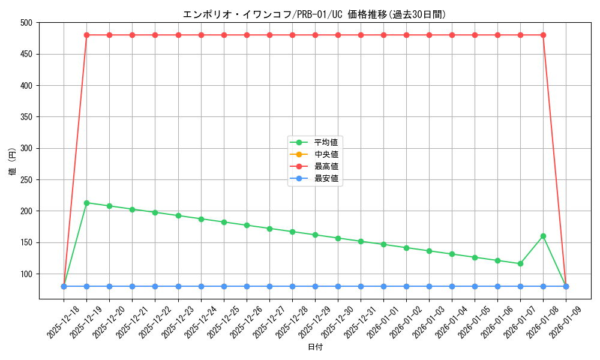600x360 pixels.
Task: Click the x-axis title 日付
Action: coord(315,347)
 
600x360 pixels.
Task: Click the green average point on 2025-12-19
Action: coord(86,203)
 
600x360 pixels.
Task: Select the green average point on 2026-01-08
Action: coord(543,236)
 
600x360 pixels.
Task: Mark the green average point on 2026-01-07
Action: coord(520,263)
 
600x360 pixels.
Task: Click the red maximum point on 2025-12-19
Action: coord(86,35)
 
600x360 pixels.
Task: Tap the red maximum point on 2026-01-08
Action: coord(543,35)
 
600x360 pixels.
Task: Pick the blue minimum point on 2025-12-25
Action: coord(224,286)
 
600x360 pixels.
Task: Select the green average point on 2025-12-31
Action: coord(361,241)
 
